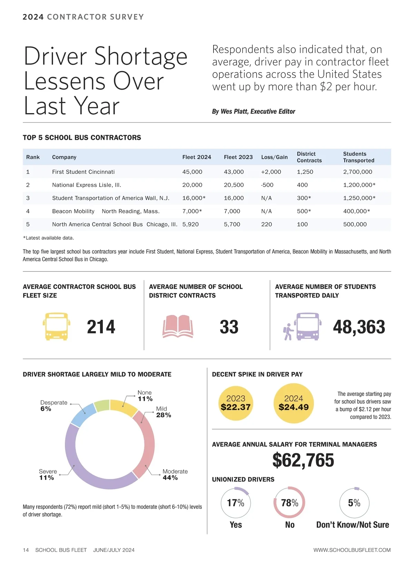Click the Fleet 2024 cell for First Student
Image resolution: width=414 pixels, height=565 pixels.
[192, 172]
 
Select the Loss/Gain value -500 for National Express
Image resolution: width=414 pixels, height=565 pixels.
[267, 185]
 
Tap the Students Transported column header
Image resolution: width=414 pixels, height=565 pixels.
[358, 157]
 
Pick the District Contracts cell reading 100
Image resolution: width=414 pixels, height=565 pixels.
[302, 224]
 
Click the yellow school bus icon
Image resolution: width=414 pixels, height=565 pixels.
[57, 327]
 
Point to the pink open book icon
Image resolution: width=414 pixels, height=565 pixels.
[178, 326]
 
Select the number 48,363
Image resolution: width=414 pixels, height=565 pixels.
[359, 327]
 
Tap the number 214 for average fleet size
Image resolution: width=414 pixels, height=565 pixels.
[101, 327]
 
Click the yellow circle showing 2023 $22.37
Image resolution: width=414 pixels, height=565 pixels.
[236, 403]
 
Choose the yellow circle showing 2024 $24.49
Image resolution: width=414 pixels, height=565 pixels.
[294, 403]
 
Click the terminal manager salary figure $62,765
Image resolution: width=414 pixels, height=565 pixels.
[303, 460]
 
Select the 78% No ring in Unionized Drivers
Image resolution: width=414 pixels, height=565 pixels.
[289, 503]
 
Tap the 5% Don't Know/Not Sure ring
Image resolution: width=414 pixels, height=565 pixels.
[354, 503]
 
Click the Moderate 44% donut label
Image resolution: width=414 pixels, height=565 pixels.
[175, 475]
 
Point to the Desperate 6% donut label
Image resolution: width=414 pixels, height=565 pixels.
[53, 406]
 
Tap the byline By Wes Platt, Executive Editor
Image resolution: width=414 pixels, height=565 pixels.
[254, 111]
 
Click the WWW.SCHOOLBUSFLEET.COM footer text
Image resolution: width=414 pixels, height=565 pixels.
[352, 550]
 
